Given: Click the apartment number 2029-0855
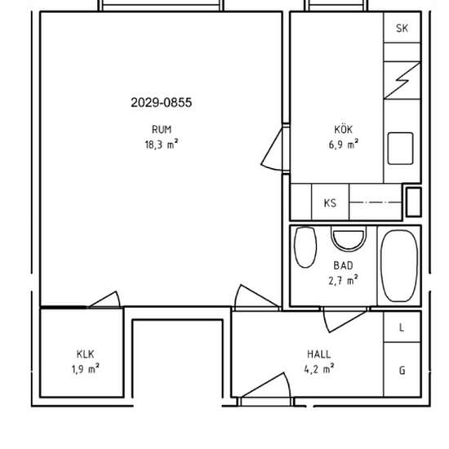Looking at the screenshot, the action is coord(161,103).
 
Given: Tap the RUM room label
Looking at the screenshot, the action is coord(162,130).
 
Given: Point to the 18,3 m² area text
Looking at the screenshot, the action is coord(162,144).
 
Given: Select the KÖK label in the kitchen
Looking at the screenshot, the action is coord(344,129).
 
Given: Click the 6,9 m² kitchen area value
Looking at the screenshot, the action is coord(344,144).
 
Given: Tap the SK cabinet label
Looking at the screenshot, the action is coord(402,28).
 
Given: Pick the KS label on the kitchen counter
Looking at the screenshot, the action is coord(330,203).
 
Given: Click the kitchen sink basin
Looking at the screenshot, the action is coord(400,149).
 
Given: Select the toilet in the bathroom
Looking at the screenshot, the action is coord(305,247).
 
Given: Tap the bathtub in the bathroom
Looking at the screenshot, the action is coord(399,266).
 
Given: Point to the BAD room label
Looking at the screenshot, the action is coord(343,266).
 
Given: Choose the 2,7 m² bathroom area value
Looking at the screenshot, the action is coord(343,280).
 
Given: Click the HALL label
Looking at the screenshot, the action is coord(319,354).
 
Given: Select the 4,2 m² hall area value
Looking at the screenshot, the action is coord(319,369).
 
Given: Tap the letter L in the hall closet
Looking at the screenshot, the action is coord(402,328).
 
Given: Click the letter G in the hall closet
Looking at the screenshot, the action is coord(402,371).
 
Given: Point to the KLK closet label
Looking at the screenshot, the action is coord(86,354).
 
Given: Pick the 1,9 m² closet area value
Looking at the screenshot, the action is coord(86,369).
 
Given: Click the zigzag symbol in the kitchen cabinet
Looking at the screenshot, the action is coord(402,81).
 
